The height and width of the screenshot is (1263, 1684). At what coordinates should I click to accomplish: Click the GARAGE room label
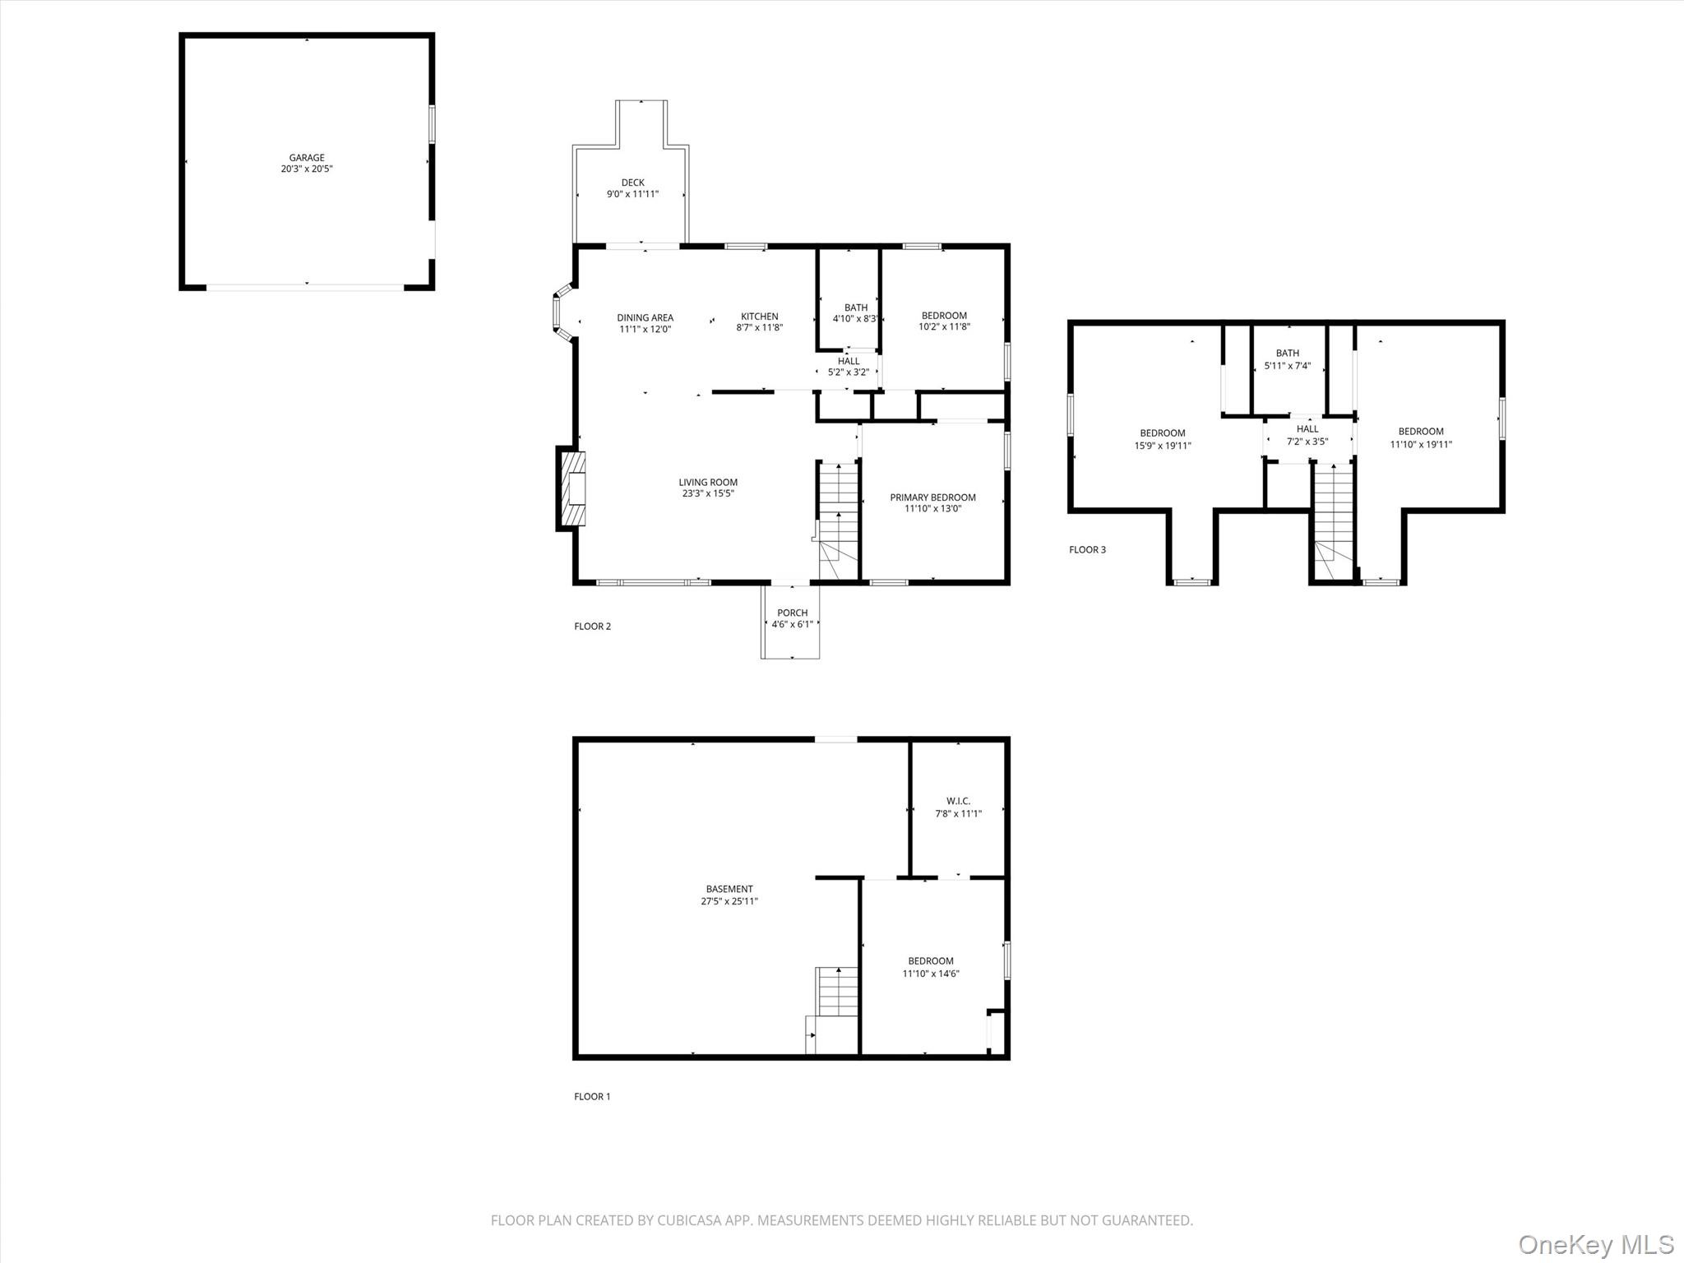pos(307,157)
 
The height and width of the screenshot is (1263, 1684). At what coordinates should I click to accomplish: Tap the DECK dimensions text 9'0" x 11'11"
pos(632,195)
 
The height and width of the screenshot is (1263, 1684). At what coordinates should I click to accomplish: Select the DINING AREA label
pos(645,317)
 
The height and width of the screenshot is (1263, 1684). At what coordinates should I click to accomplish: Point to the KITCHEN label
pos(759,317)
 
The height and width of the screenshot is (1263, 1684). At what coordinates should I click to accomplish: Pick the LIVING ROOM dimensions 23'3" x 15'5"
pos(707,494)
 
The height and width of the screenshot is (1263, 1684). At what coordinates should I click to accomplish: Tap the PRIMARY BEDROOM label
pos(932,497)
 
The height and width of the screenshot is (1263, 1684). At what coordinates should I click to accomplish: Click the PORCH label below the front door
pos(792,613)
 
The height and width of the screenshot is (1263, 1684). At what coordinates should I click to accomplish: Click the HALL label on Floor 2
pos(848,361)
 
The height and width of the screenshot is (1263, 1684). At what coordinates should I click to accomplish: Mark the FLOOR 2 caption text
pos(592,627)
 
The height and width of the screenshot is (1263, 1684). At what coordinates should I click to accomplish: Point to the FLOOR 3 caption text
pos(1087,550)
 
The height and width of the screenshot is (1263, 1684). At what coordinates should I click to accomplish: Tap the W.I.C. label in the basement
pos(958,801)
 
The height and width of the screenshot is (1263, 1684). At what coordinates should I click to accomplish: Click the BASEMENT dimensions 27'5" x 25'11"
pos(729,901)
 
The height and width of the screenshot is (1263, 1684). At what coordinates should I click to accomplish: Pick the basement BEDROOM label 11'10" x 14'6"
pos(930,961)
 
